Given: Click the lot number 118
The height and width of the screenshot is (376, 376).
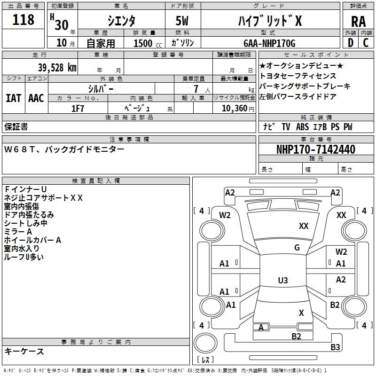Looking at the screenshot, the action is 24,20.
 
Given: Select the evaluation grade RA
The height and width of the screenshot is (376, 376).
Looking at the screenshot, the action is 358,21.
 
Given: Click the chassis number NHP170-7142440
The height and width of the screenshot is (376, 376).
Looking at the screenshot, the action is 315,149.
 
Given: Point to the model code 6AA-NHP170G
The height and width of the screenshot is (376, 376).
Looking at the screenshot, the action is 269,43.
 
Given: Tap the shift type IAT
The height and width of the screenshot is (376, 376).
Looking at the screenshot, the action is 13,98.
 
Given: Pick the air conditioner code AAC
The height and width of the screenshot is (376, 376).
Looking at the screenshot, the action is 36,98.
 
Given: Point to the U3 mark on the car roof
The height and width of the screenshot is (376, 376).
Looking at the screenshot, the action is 282,281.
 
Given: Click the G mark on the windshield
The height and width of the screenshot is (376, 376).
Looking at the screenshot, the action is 297,248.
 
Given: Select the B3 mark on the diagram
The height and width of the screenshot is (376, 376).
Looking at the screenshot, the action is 335,347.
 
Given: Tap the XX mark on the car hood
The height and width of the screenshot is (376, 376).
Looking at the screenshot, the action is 304,226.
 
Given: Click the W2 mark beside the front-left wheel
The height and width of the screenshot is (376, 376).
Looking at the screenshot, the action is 225,215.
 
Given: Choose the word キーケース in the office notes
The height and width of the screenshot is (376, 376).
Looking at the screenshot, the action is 24,351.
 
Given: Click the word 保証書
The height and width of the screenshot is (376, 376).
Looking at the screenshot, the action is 16,126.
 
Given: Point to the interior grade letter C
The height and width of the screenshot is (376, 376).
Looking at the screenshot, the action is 366,43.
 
